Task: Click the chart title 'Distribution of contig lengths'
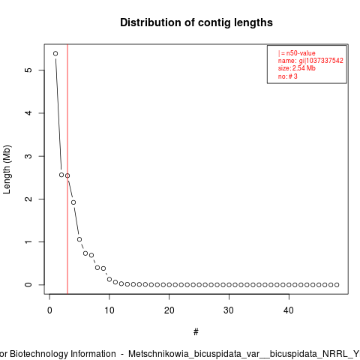196,22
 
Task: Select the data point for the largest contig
55,53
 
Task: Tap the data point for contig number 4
73,202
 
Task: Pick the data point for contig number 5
79,239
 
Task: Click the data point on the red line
67,175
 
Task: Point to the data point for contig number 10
109,279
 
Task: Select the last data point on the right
337,285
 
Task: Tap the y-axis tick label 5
29,70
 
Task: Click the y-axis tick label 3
29,156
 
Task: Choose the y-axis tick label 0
29,285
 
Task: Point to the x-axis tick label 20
169,310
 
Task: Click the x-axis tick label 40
289,310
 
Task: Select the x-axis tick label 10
109,310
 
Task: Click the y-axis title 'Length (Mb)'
7,169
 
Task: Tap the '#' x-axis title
196,332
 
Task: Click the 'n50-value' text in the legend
301,53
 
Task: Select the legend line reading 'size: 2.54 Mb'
297,68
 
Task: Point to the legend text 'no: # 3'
288,76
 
